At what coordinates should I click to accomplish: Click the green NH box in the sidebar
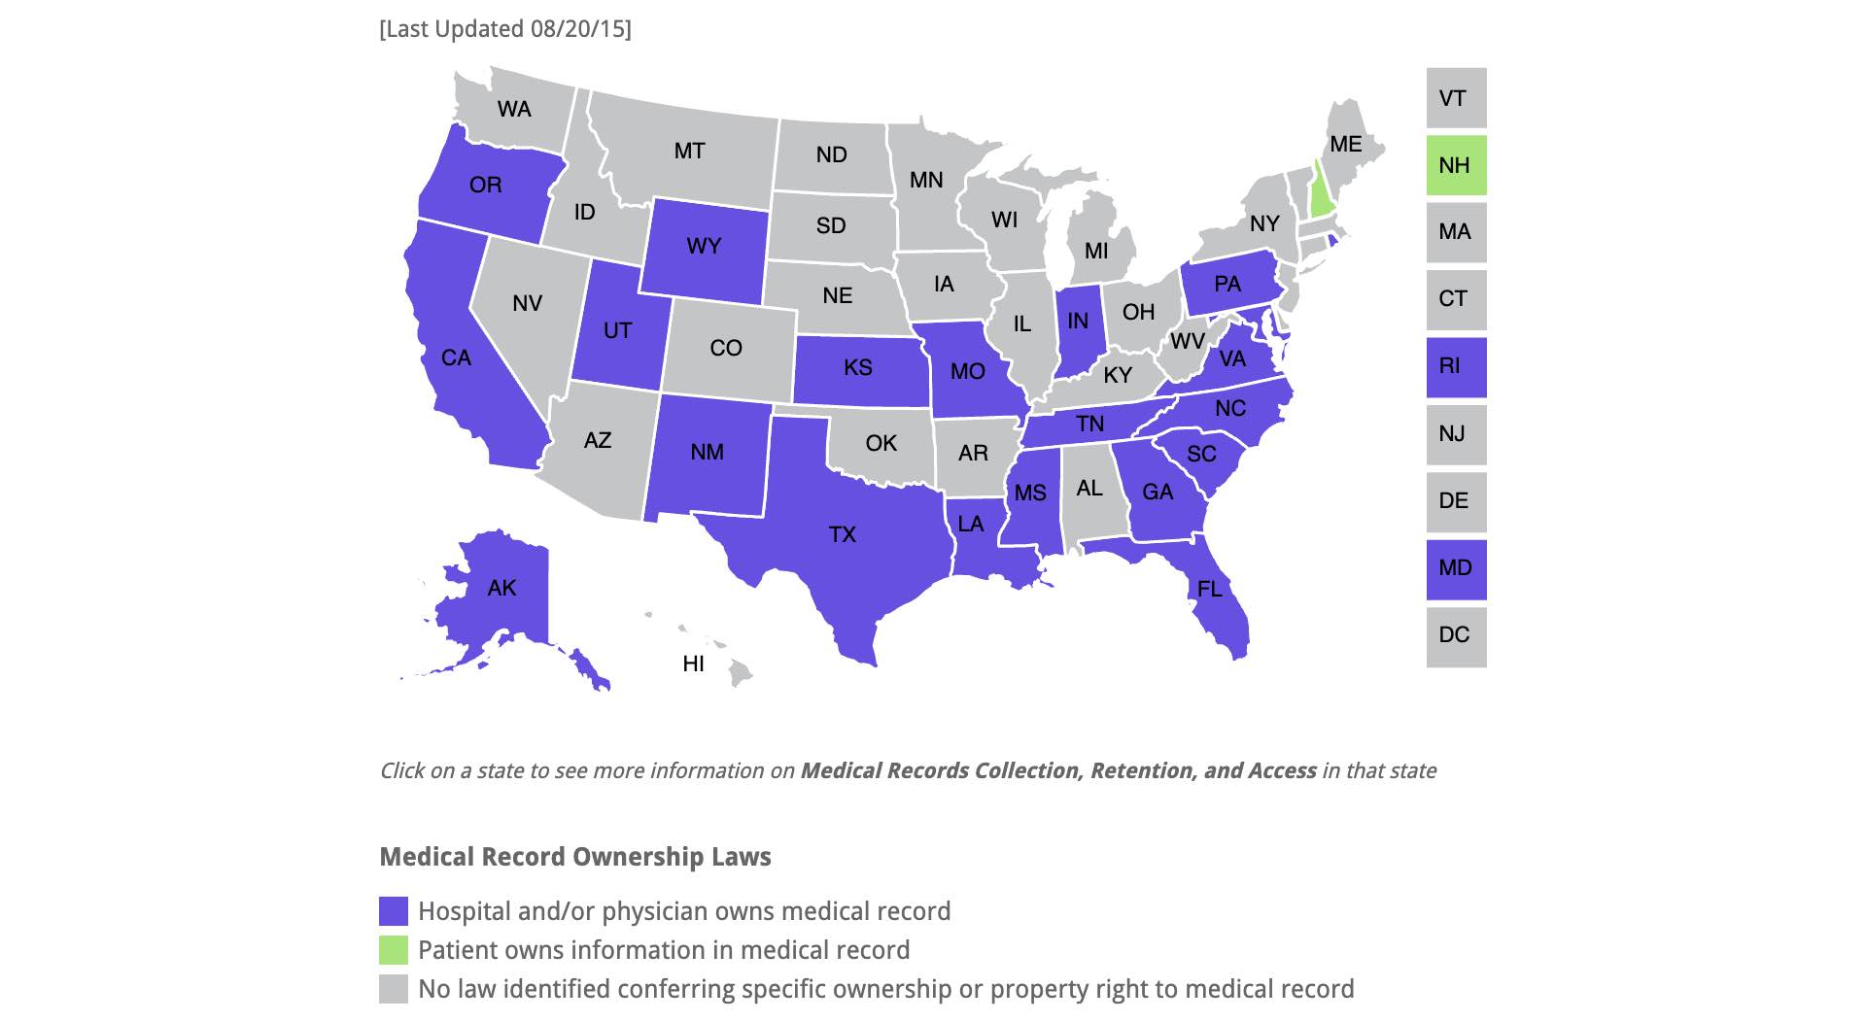1456,165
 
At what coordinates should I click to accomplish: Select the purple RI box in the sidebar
1456,367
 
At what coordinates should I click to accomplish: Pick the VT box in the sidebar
1456,98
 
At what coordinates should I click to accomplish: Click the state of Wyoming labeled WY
705,247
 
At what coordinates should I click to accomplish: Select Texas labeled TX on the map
843,534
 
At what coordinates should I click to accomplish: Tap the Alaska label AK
502,588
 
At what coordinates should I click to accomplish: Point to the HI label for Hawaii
694,664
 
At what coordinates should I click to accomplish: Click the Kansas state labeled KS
858,368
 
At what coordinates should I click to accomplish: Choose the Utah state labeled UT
618,331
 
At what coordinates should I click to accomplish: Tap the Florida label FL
1210,589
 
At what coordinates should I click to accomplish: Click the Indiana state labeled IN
1078,322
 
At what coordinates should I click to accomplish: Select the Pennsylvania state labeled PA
1227,285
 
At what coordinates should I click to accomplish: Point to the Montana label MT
690,152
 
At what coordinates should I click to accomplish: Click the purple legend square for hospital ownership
394,911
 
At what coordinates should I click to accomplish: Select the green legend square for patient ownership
394,950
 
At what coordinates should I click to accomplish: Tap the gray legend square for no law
394,989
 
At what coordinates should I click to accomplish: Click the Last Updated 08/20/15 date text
505,29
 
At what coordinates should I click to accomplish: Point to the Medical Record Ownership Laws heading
575,857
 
